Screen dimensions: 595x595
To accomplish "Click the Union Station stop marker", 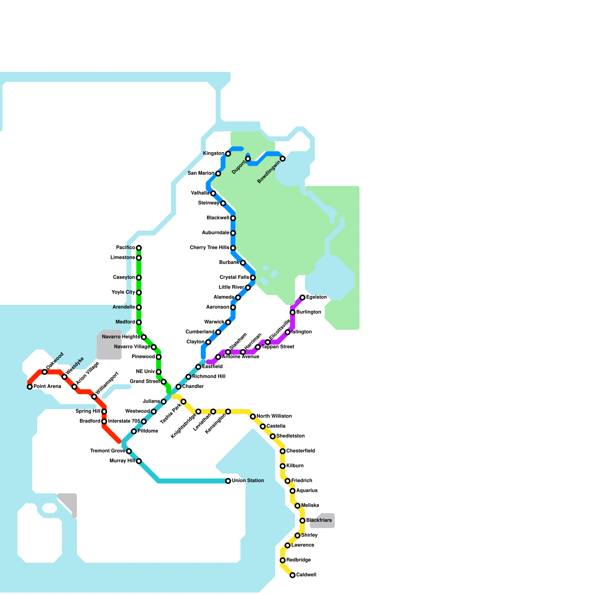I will tap(228, 481).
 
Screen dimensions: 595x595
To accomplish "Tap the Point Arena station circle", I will tap(30, 387).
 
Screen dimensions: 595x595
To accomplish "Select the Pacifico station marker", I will tap(139, 248).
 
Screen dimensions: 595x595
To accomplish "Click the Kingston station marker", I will tap(228, 154).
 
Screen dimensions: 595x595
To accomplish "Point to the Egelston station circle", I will tap(303, 297).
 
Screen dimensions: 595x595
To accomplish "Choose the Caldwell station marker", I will tap(293, 575).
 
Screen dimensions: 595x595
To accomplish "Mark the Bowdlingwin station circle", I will tap(283, 159).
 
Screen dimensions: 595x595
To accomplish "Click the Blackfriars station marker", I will tap(303, 521).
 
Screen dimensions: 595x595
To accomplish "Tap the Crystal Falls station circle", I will tap(253, 278).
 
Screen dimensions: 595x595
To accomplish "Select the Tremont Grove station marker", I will tap(129, 451).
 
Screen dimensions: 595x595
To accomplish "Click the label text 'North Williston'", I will tap(274, 416).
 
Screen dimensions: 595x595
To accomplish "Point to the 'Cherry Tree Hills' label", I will tap(209, 248).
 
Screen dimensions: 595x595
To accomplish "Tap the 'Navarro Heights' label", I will tap(121, 337).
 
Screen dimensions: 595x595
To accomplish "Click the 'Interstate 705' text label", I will tap(124, 421).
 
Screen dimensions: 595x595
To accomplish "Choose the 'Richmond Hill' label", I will tap(209, 377).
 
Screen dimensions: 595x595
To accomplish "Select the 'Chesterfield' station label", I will tap(300, 451).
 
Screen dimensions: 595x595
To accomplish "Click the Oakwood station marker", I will tap(45, 372).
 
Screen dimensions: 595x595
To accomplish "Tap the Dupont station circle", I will tap(248, 159).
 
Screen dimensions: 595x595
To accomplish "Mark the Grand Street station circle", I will tap(164, 382).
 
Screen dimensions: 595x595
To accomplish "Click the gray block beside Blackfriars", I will tap(322, 521).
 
